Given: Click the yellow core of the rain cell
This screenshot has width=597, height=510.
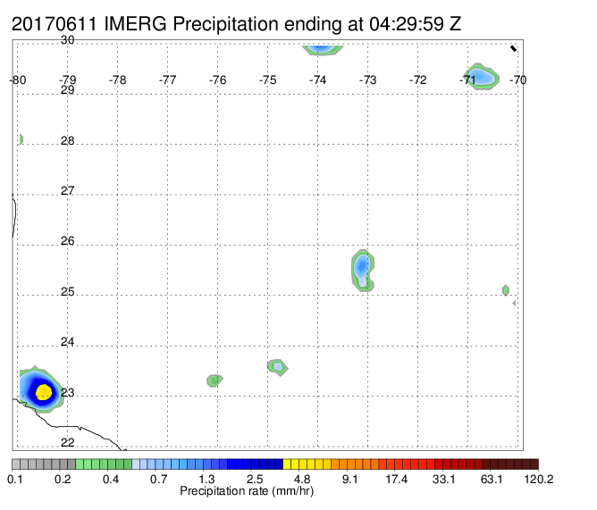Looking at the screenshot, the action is pyautogui.click(x=44, y=392).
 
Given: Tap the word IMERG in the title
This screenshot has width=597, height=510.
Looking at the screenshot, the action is pyautogui.click(x=135, y=24).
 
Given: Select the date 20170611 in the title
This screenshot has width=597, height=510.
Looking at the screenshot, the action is pyautogui.click(x=55, y=24).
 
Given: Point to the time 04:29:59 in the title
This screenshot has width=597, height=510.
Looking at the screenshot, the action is pyautogui.click(x=406, y=24).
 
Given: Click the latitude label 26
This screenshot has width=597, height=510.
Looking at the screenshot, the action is pyautogui.click(x=67, y=241).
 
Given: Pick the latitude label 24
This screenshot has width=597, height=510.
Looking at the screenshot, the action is pyautogui.click(x=67, y=342).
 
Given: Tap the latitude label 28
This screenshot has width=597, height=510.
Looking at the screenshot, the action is pyautogui.click(x=67, y=140).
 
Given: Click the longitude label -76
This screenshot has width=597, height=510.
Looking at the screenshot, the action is pyautogui.click(x=217, y=79).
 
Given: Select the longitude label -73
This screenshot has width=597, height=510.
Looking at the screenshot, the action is pyautogui.click(x=367, y=79).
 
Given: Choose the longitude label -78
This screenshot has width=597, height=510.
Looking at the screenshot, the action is pyautogui.click(x=117, y=79).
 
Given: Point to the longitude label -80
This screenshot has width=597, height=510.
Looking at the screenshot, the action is pyautogui.click(x=18, y=79).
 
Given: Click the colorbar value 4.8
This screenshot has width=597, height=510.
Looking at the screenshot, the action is pyautogui.click(x=302, y=479).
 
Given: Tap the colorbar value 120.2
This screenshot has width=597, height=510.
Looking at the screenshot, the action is pyautogui.click(x=539, y=479).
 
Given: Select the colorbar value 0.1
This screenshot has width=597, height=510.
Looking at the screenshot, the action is pyautogui.click(x=15, y=479).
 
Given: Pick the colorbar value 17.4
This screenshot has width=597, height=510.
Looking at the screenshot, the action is pyautogui.click(x=397, y=479).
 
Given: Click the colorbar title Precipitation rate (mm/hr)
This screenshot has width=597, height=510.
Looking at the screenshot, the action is pyautogui.click(x=247, y=491).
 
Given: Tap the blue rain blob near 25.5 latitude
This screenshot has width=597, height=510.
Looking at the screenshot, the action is pyautogui.click(x=362, y=271).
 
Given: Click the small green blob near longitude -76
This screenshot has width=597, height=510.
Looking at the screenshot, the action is pyautogui.click(x=214, y=380).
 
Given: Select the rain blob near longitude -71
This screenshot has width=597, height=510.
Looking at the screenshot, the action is pyautogui.click(x=481, y=77).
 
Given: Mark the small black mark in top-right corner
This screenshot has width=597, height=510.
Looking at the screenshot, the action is pyautogui.click(x=513, y=48).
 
